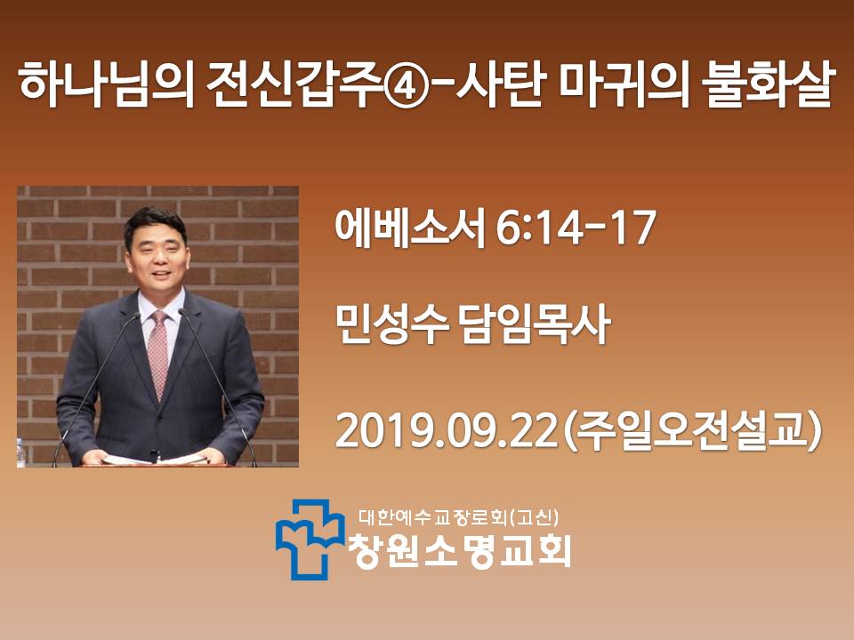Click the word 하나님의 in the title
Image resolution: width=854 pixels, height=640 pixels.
point(107,85)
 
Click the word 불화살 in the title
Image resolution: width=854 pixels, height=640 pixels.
point(768,85)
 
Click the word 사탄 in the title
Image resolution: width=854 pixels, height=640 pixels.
point(500,85)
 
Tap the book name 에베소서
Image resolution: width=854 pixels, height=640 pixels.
point(409,228)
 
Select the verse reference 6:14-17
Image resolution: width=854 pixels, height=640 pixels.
point(576,228)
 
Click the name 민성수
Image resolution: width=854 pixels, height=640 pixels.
point(391,325)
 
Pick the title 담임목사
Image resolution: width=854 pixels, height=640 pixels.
point(536,325)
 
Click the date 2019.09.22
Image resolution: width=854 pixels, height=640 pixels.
point(447,430)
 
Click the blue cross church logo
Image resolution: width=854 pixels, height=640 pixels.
point(310,539)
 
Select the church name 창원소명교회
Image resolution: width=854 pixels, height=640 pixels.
point(460,550)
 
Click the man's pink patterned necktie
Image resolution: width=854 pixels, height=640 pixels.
point(158,353)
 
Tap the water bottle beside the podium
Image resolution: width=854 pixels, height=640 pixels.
point(20,452)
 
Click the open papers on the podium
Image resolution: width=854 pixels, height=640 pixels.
point(155,460)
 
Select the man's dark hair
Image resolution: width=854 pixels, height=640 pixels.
point(155,223)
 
